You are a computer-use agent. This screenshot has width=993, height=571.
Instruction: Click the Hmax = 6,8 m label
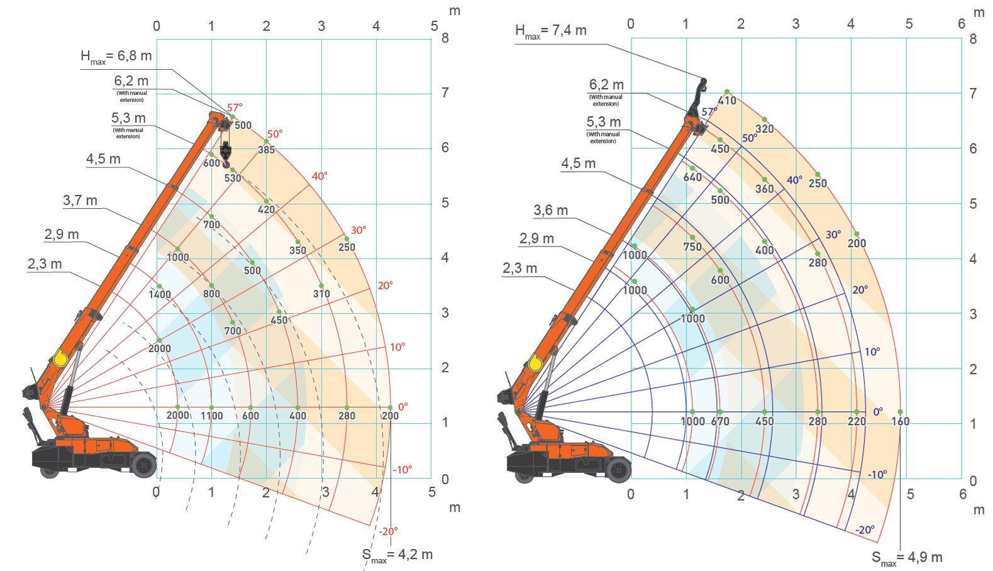coord(116,56)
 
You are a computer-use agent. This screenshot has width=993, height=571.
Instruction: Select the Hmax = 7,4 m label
coord(550,30)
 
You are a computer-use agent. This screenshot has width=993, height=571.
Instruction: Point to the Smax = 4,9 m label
coord(907,557)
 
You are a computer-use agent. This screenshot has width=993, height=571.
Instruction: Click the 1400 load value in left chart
coord(160,294)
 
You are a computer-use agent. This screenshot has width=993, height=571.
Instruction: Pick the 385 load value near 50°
coord(267,150)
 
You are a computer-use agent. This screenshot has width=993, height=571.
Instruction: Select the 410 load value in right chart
coord(727,101)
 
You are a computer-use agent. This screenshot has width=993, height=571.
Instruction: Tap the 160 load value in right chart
coord(900,421)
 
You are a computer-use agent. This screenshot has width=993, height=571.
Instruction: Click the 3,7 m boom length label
coord(80,201)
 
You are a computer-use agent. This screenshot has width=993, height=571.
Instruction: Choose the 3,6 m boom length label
coord(550,210)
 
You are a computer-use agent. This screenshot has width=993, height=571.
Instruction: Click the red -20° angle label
coord(388,531)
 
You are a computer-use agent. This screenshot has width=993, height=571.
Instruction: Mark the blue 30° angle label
coord(833,235)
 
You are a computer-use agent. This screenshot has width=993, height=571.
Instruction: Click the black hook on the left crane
coord(226,153)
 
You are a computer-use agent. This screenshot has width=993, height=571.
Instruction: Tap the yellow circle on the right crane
coord(535,363)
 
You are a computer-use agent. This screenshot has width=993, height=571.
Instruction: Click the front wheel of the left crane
coord(144,465)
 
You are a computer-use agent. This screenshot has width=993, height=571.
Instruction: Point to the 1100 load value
coord(212,416)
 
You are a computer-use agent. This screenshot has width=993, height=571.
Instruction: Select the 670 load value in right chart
coord(720,421)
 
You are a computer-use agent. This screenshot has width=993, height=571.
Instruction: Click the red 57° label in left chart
coord(235,108)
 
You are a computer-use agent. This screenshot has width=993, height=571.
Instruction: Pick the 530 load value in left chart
coord(233,178)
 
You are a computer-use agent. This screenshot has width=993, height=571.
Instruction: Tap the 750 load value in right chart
coord(692,247)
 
